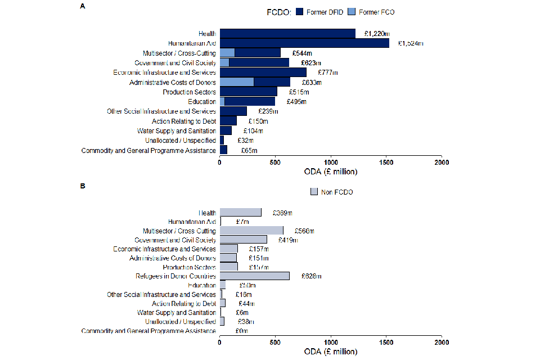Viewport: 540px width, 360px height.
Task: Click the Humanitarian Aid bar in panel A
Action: point(304,43)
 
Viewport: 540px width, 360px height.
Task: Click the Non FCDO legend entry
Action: point(332,192)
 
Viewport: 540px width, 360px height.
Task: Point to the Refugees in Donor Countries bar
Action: point(254,276)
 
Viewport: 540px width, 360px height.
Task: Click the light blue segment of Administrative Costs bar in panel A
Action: point(237,82)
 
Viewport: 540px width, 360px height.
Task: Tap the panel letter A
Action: point(83,6)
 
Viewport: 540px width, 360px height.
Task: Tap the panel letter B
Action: point(83,185)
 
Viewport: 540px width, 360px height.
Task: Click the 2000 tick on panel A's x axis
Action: point(442,163)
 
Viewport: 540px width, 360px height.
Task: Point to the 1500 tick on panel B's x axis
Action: point(386,341)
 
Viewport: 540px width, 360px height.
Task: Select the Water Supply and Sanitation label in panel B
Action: point(177,313)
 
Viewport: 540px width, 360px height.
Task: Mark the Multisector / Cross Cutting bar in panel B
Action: point(251,231)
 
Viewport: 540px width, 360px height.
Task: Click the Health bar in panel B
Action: point(241,213)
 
